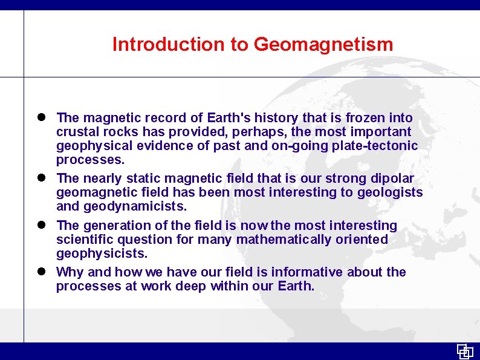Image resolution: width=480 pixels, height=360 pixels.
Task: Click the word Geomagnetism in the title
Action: (323, 44)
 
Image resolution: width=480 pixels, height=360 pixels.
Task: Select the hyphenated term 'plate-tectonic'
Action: (378, 146)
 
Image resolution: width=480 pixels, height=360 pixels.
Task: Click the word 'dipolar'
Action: (392, 178)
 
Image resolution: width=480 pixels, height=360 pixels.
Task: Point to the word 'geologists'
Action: (392, 192)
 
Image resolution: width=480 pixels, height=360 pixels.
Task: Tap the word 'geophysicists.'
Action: (102, 254)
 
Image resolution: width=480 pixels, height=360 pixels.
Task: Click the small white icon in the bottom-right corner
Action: (465, 351)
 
